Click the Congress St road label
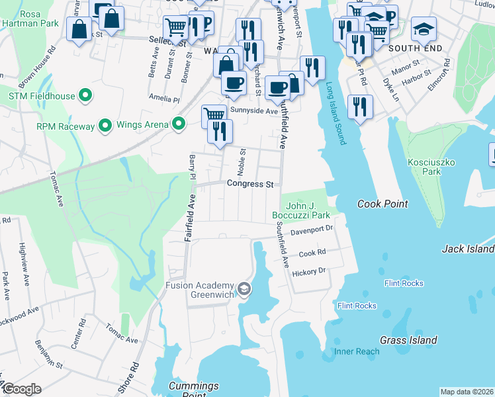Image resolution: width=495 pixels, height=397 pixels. point(250,184)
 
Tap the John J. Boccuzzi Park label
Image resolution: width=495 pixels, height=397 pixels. point(301,210)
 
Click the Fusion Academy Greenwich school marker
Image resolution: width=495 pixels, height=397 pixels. point(244,289)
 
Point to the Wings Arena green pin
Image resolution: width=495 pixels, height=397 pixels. point(178,123)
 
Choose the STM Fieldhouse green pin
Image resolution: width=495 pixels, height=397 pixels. point(85,96)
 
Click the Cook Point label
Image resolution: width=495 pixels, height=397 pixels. point(383,204)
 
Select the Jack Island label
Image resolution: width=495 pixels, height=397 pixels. point(468,249)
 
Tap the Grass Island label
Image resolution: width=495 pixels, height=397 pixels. point(408,340)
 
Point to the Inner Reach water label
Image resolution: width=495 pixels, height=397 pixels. point(357,351)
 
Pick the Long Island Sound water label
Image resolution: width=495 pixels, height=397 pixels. point(336,113)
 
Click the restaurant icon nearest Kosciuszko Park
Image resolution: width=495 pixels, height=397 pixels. point(360,106)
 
